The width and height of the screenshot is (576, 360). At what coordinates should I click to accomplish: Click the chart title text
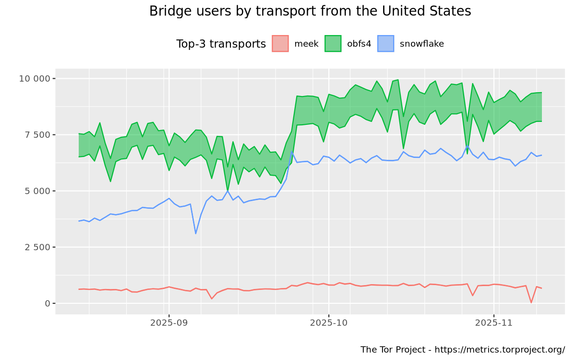[310, 11]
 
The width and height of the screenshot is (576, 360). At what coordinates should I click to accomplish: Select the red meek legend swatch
[280, 44]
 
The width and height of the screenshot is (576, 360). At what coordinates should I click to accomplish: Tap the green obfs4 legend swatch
[333, 44]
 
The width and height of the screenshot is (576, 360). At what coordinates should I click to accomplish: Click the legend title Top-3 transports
[221, 44]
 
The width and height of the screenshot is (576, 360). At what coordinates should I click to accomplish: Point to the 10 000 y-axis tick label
[34, 79]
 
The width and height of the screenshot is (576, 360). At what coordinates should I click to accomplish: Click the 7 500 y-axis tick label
[37, 135]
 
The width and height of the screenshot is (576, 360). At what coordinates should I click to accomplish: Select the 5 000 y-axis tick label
[37, 191]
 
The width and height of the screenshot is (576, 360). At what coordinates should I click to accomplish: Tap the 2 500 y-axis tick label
[37, 247]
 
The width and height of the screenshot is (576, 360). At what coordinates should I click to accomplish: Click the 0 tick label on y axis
[48, 303]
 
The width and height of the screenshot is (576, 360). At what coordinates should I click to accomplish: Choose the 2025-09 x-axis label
[168, 323]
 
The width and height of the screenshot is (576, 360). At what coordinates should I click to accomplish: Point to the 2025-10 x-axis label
[328, 323]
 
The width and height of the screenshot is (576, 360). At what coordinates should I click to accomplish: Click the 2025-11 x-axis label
[494, 323]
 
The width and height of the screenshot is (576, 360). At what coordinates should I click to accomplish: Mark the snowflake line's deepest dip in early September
[196, 234]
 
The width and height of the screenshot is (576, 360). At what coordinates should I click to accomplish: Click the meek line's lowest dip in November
[531, 302]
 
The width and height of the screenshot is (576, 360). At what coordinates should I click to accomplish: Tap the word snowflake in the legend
[421, 44]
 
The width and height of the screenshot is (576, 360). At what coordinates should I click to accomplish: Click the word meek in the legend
[306, 44]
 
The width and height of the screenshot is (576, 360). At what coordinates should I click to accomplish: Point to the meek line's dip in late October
[472, 295]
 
